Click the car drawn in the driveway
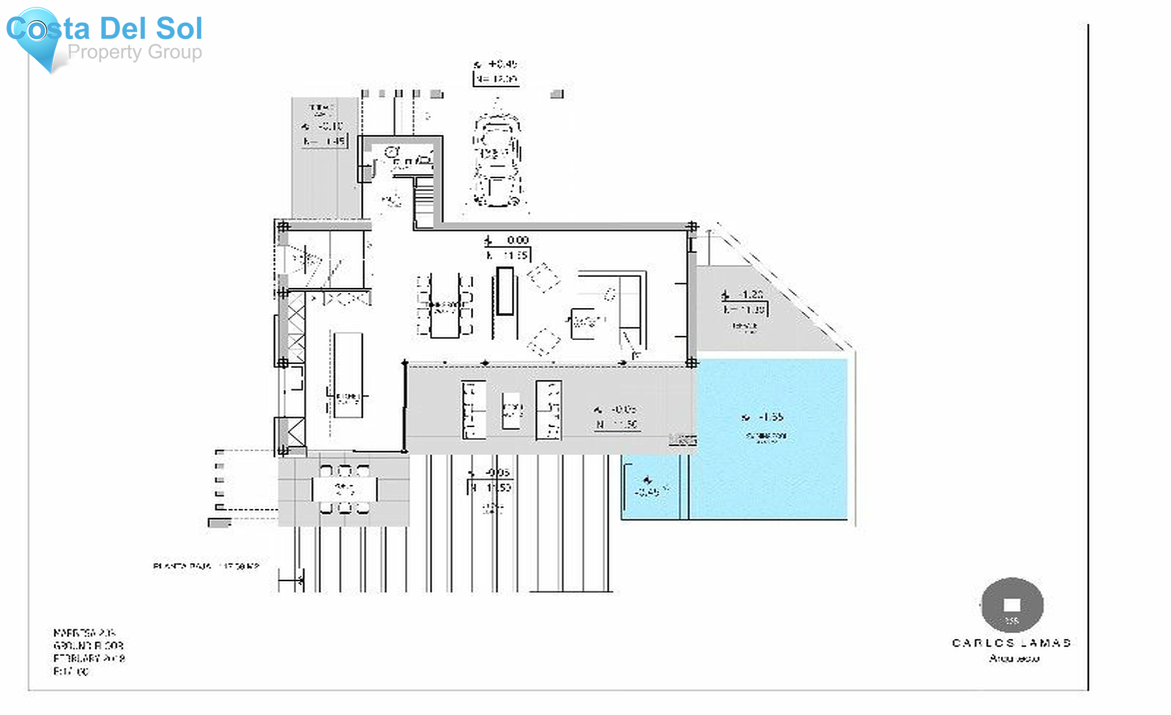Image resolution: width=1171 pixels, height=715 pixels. (497, 160)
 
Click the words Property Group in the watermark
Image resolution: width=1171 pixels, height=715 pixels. (135, 52)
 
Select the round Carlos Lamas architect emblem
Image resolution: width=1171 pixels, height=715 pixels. (1012, 605)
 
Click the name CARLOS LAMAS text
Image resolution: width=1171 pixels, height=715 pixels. (1012, 643)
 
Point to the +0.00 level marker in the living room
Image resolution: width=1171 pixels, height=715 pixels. (509, 241)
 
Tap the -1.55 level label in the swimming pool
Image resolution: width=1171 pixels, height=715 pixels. (765, 417)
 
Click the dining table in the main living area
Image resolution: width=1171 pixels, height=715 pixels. (445, 305)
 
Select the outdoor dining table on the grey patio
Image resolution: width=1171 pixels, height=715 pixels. (344, 489)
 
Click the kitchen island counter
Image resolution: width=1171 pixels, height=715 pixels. (348, 375)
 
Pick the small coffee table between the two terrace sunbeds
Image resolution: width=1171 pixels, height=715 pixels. (511, 411)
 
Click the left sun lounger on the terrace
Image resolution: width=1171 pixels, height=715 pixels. (474, 410)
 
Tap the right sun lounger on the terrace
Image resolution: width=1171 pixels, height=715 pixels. (548, 410)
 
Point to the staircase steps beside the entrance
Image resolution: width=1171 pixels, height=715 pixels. (424, 203)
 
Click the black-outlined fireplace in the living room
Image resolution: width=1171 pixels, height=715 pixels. (505, 291)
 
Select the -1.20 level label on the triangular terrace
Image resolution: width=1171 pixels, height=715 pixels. (746, 295)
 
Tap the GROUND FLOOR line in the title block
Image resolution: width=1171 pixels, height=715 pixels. (88, 645)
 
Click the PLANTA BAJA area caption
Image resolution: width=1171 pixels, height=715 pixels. (206, 566)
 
